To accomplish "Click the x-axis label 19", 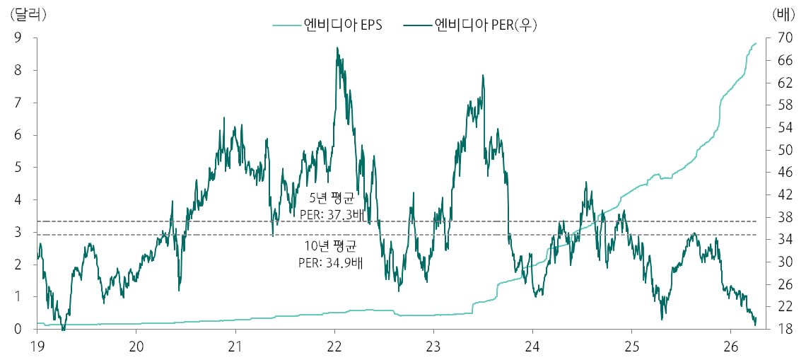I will click(x=37, y=347).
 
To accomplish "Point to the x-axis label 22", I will click(x=334, y=347).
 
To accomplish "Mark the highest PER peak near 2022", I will click(x=337, y=48).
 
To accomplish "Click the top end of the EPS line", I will click(x=756, y=43).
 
